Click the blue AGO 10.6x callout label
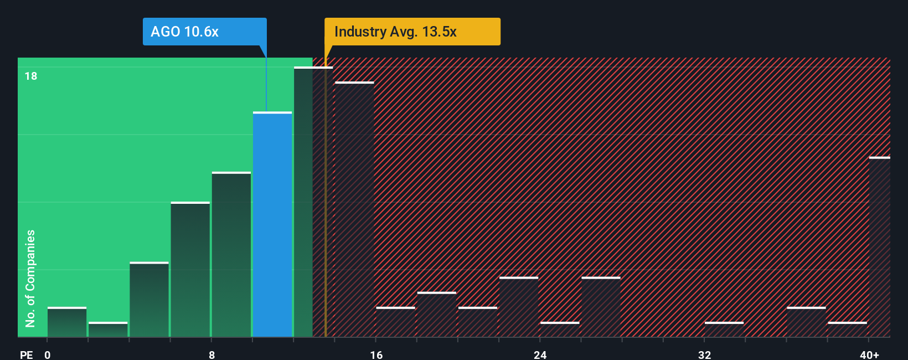(204, 32)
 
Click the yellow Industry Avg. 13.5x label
(412, 32)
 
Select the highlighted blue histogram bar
(272, 224)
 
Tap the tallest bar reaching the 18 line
(303, 202)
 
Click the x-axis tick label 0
(48, 354)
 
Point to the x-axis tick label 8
(212, 354)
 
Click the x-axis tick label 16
(376, 354)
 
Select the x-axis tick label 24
(540, 354)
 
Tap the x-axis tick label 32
(704, 354)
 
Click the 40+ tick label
(869, 354)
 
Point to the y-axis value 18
(31, 76)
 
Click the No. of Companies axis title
(30, 278)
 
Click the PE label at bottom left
(26, 354)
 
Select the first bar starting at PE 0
(67, 322)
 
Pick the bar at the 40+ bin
(879, 247)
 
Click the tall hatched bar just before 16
(354, 209)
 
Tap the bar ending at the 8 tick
(190, 270)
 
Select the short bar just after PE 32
(724, 330)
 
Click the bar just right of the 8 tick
(231, 255)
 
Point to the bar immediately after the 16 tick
(395, 322)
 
